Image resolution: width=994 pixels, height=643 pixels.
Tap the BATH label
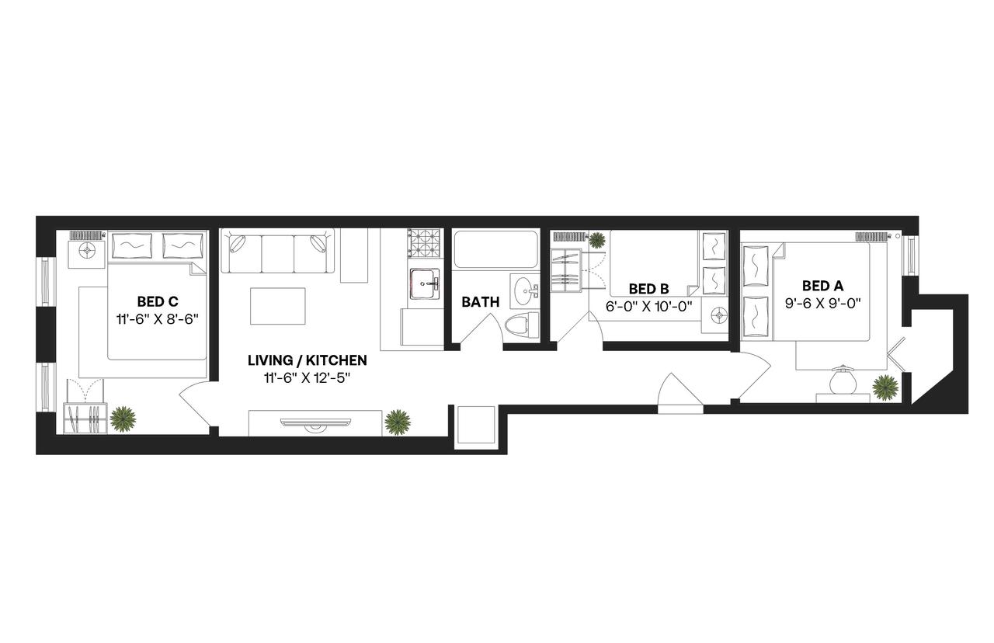[x=480, y=302]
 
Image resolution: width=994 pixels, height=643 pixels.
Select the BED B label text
[x=649, y=289]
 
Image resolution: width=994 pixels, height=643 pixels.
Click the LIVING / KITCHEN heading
[x=307, y=361]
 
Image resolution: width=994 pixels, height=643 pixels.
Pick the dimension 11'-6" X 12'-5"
[x=307, y=379]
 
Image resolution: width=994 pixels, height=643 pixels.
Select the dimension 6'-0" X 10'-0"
[x=649, y=306]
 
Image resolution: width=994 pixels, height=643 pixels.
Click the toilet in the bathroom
[x=521, y=325]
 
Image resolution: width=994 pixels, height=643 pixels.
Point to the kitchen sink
[x=425, y=283]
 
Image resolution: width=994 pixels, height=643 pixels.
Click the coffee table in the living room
[x=278, y=306]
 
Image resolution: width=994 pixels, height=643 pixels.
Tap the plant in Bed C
[x=123, y=419]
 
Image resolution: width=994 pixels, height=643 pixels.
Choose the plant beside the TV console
[x=398, y=422]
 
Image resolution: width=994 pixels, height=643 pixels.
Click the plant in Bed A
[x=885, y=387]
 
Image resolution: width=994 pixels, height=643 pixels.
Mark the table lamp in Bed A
[x=843, y=381]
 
